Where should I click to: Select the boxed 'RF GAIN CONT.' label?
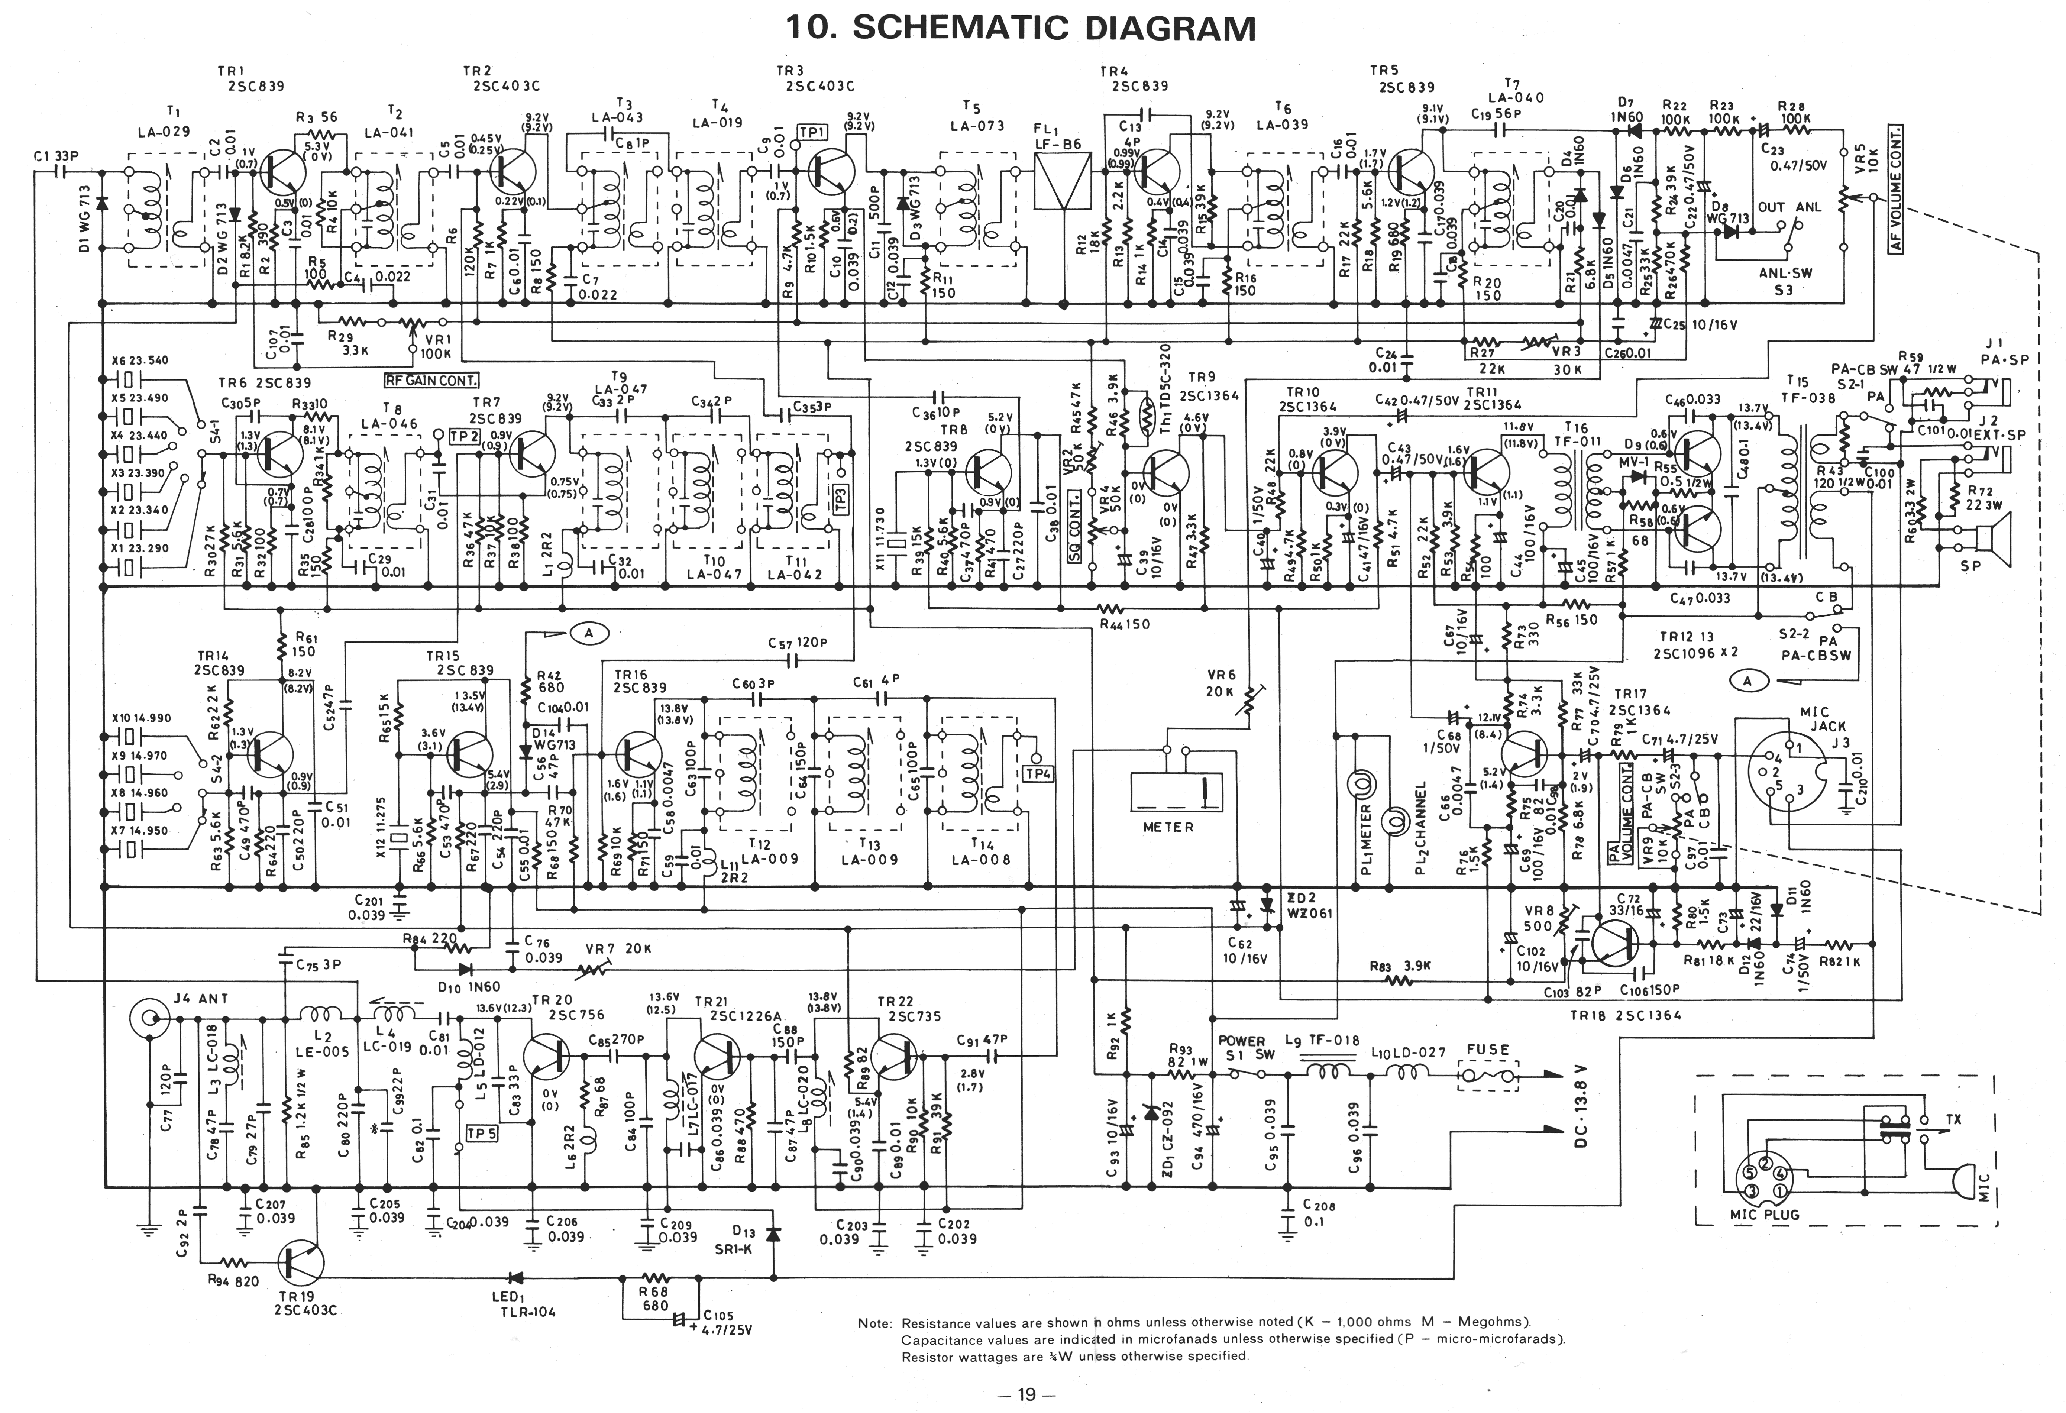431,381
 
